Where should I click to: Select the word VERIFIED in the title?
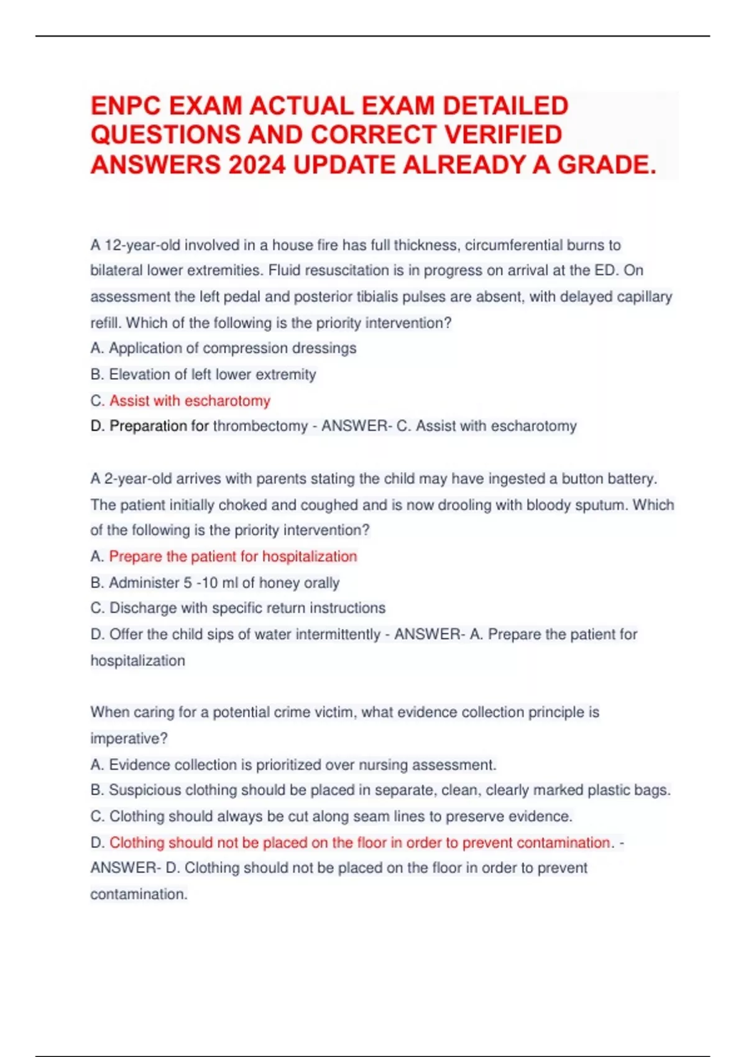click(x=501, y=135)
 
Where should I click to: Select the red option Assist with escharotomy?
click(x=190, y=400)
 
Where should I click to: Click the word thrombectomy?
click(x=260, y=426)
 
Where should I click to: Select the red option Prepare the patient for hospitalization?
click(x=233, y=556)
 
